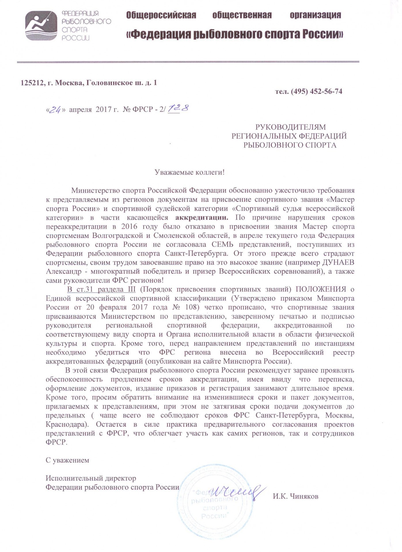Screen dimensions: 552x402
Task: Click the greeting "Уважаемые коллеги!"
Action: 189,172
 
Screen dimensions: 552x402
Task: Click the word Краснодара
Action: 69,424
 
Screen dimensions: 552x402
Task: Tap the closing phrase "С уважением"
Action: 67,460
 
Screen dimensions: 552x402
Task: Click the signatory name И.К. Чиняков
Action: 295,497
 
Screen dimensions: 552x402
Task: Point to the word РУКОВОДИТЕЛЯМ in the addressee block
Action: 291,127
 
